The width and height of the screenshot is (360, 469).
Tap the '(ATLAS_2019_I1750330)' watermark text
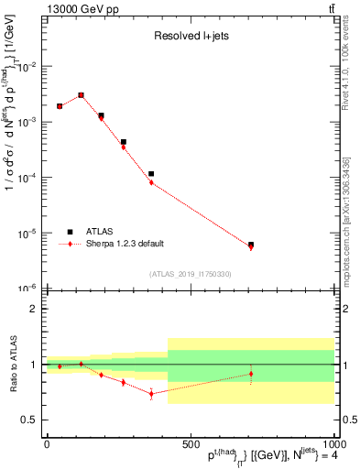point(191,274)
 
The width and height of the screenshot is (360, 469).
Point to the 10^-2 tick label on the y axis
point(27,67)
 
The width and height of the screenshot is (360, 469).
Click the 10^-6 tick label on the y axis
point(27,289)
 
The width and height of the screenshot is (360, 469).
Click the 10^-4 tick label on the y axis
point(27,178)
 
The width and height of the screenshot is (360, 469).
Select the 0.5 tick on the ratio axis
point(29,420)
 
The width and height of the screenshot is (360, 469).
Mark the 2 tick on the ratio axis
point(35,309)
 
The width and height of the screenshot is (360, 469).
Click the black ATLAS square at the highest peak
point(81,94)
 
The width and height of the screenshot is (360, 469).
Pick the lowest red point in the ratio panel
point(151,394)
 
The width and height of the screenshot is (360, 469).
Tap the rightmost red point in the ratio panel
point(251,373)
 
